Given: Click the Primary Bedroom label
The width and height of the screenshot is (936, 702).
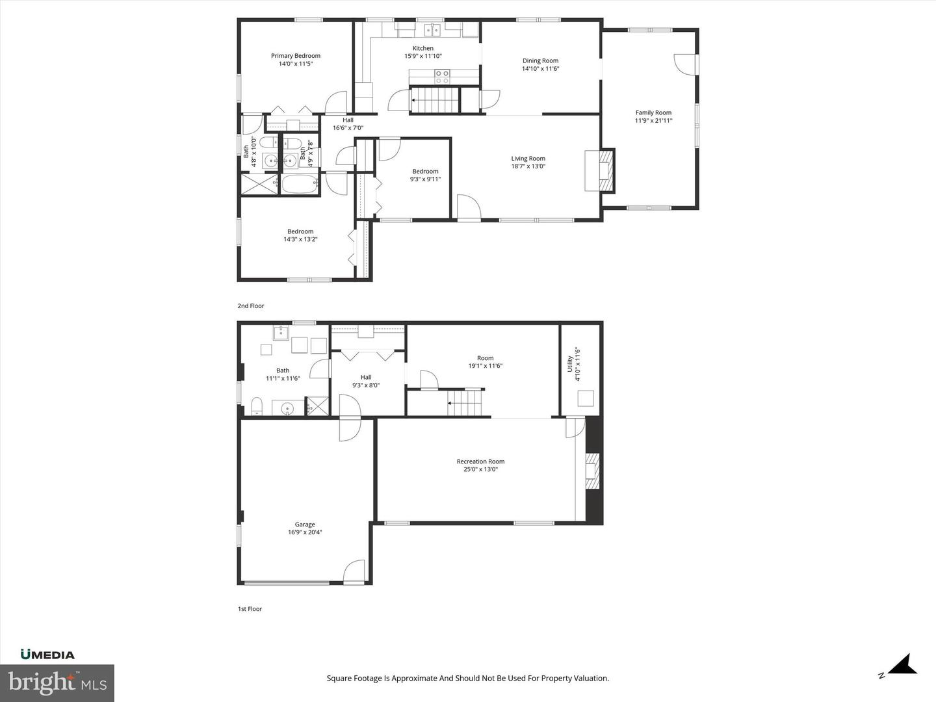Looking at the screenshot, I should click(296, 56).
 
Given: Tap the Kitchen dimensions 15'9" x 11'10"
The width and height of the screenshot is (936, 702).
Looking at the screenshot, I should click(423, 57).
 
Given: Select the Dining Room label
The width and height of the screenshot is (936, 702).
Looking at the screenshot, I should click(540, 61).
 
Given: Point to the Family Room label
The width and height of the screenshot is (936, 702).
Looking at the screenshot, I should click(653, 112).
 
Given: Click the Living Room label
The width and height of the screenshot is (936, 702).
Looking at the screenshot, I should click(528, 159).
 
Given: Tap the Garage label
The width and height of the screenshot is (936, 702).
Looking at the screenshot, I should click(305, 525).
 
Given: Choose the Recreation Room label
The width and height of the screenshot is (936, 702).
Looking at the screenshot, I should click(480, 461).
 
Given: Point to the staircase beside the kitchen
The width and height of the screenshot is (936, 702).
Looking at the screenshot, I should click(434, 101).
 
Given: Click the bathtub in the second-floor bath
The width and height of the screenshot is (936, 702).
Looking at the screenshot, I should click(300, 184).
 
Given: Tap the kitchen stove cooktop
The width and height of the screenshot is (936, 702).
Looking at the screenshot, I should click(442, 77).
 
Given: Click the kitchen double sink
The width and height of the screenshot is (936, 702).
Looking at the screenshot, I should click(432, 30).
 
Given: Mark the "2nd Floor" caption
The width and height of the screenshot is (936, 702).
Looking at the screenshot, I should click(251, 305).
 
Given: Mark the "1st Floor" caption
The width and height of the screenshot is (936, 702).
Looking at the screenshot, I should click(250, 609).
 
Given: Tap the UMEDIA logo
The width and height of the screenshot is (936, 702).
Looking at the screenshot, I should click(47, 655).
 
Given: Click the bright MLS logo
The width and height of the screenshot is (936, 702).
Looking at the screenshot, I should click(57, 683).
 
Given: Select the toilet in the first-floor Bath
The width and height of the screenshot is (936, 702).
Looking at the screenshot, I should click(257, 407).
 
